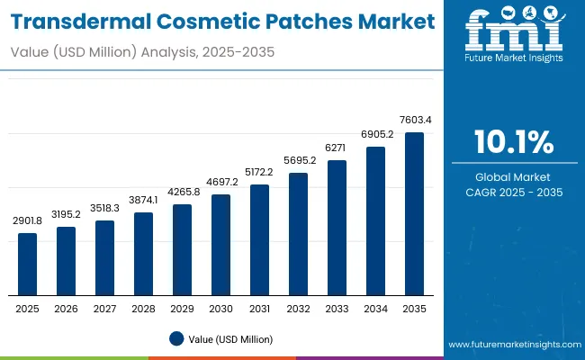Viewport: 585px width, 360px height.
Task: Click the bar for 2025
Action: [28, 264]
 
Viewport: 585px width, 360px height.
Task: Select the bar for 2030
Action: [220, 245]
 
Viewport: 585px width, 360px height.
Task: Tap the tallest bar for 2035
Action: [414, 213]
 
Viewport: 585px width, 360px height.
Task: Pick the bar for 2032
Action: [298, 234]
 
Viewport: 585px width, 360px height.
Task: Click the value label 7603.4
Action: [414, 121]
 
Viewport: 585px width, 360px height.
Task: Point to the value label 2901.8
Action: [28, 221]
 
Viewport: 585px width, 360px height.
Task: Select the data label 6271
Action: [337, 148]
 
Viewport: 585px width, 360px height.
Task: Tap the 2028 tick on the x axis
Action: [143, 309]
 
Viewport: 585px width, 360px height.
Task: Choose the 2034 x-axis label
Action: [375, 309]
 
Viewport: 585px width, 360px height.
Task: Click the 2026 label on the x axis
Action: [66, 309]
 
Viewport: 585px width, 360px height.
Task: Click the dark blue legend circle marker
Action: [177, 338]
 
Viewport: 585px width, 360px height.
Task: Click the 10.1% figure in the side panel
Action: [513, 141]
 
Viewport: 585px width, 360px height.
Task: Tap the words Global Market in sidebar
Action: [513, 177]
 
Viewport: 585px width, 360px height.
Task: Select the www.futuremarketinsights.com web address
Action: [513, 345]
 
